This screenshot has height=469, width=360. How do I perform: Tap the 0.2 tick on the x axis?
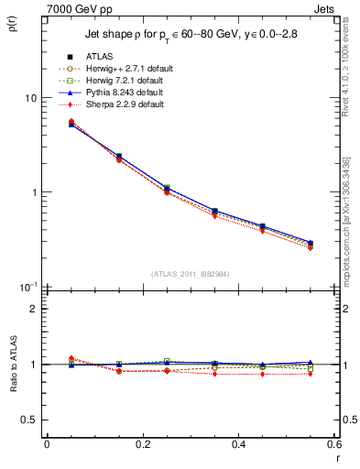click(143, 445)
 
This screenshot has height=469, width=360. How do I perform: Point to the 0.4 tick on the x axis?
click(239, 445)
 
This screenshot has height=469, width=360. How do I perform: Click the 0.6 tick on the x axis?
click(335, 445)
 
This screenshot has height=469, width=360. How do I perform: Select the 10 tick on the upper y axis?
click(29, 99)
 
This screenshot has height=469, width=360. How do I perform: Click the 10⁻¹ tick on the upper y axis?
click(27, 287)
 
